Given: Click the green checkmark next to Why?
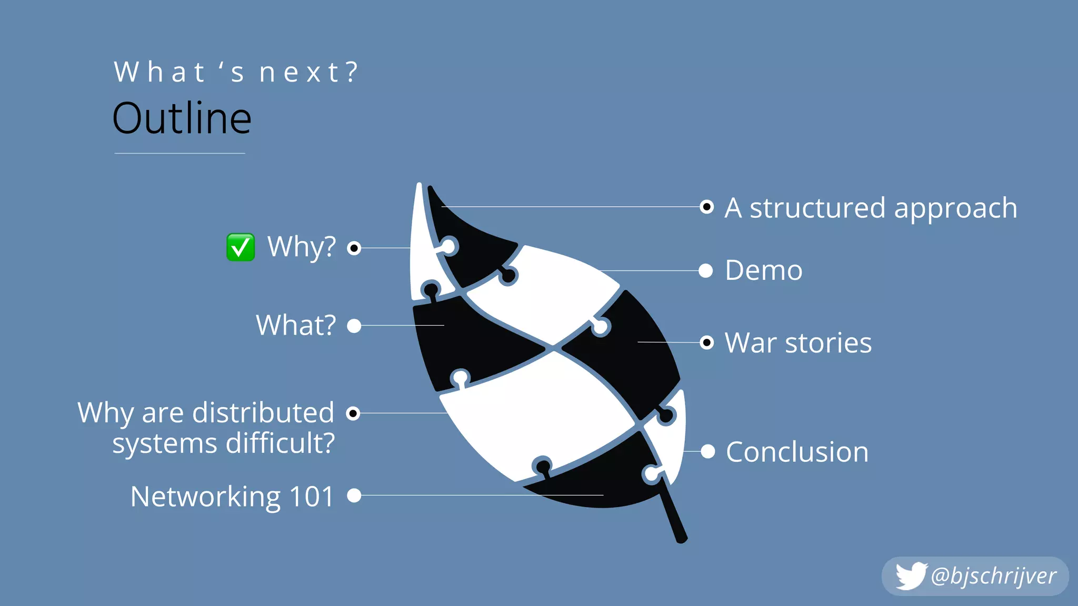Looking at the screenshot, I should pyautogui.click(x=241, y=247).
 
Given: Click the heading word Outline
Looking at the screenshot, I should pyautogui.click(x=182, y=119).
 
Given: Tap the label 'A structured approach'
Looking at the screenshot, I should pyautogui.click(x=871, y=208).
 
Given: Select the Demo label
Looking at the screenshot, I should pyautogui.click(x=763, y=270).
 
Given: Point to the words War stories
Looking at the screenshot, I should pyautogui.click(x=798, y=343).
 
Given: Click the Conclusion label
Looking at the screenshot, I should pyautogui.click(x=797, y=452).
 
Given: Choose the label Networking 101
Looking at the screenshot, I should pyautogui.click(x=232, y=497).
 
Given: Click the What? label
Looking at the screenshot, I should pyautogui.click(x=296, y=326).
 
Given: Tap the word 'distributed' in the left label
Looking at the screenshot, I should pyautogui.click(x=263, y=412).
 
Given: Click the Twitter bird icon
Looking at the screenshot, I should pyautogui.click(x=911, y=575).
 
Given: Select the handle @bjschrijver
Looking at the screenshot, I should pyautogui.click(x=993, y=576).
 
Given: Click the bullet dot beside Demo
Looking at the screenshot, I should pyautogui.click(x=706, y=271).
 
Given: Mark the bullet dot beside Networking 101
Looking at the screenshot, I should pyautogui.click(x=354, y=496).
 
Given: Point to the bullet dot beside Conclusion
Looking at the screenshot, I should pyautogui.click(x=708, y=451).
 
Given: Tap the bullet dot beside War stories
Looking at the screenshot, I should pyautogui.click(x=707, y=343).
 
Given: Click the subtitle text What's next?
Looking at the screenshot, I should pyautogui.click(x=236, y=73).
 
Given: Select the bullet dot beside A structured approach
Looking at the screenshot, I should pyautogui.click(x=707, y=207).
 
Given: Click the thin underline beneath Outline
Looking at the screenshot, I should pyautogui.click(x=179, y=153).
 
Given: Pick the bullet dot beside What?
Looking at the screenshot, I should pyautogui.click(x=354, y=326).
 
